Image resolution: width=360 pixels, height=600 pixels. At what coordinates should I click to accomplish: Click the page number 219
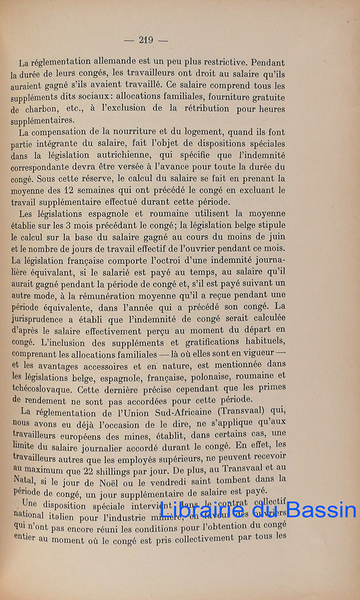pos(146,40)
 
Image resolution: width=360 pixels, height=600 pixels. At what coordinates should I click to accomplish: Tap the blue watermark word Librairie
pos(197,511)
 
